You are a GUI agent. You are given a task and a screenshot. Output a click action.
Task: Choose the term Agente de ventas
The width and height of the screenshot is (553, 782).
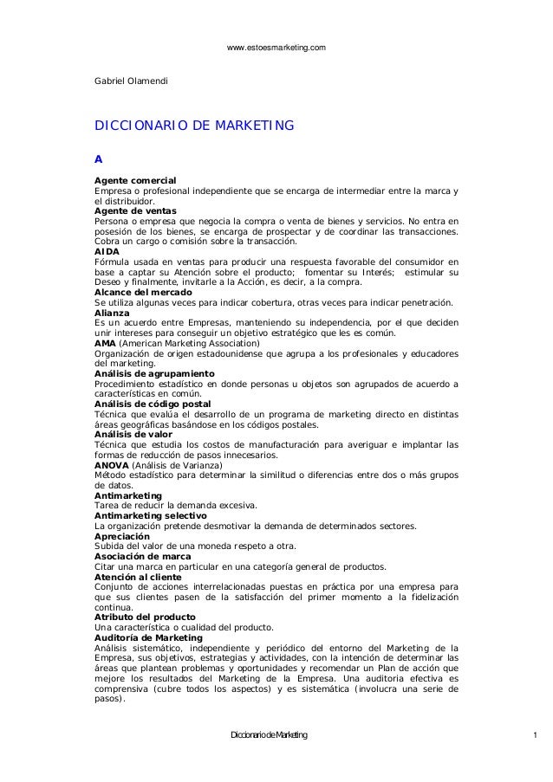(x=134, y=210)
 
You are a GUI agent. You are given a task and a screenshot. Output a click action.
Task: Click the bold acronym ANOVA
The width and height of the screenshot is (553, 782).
(x=110, y=464)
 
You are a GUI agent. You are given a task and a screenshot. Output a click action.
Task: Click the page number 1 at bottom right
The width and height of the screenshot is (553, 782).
(x=537, y=735)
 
